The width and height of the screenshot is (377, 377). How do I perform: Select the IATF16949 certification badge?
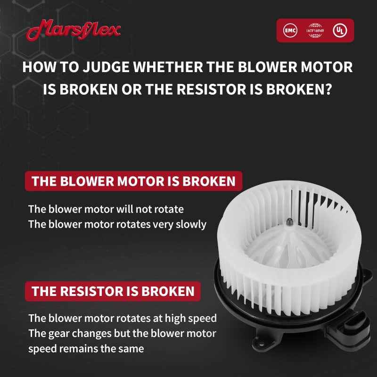point(315,31)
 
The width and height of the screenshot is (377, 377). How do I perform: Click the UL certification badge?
point(339,31)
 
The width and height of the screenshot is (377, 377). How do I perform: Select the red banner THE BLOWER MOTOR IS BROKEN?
point(133,181)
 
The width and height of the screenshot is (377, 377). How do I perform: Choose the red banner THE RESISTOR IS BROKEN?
point(113,291)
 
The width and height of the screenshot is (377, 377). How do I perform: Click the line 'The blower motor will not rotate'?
point(106,209)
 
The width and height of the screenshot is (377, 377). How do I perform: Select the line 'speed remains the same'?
point(86,349)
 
